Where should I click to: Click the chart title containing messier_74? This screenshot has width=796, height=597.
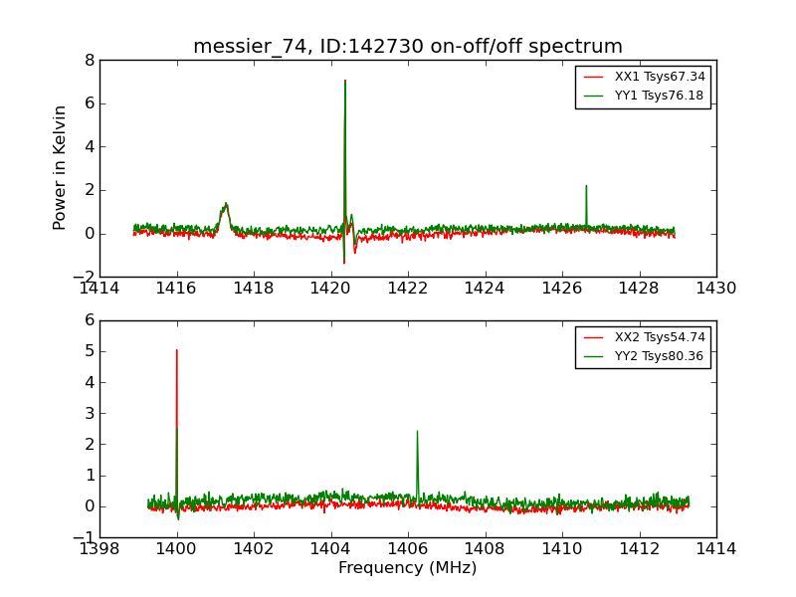coord(408,47)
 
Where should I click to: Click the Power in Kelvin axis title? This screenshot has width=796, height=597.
coord(61,167)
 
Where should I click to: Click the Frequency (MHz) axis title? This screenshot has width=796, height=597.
coord(408,568)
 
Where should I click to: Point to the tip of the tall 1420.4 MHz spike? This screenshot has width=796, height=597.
coord(345,81)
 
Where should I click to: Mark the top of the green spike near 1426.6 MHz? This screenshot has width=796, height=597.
coord(586,185)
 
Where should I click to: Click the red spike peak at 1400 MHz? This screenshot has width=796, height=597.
coord(177,349)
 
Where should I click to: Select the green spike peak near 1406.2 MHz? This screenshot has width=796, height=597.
coord(417,431)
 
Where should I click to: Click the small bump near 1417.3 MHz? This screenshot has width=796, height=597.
coord(226,204)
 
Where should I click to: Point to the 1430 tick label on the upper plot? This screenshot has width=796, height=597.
coord(715,289)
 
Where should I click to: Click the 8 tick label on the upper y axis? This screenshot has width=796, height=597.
coord(90,60)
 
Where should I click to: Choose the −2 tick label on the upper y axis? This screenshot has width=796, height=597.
coord(84,277)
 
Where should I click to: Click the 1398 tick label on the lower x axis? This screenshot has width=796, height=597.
coord(99,549)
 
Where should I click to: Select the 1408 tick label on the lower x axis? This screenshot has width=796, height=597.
coord(485,549)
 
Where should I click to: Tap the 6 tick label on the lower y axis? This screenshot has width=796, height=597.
coord(90,320)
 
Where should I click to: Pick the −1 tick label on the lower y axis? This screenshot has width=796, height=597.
coord(84,537)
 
